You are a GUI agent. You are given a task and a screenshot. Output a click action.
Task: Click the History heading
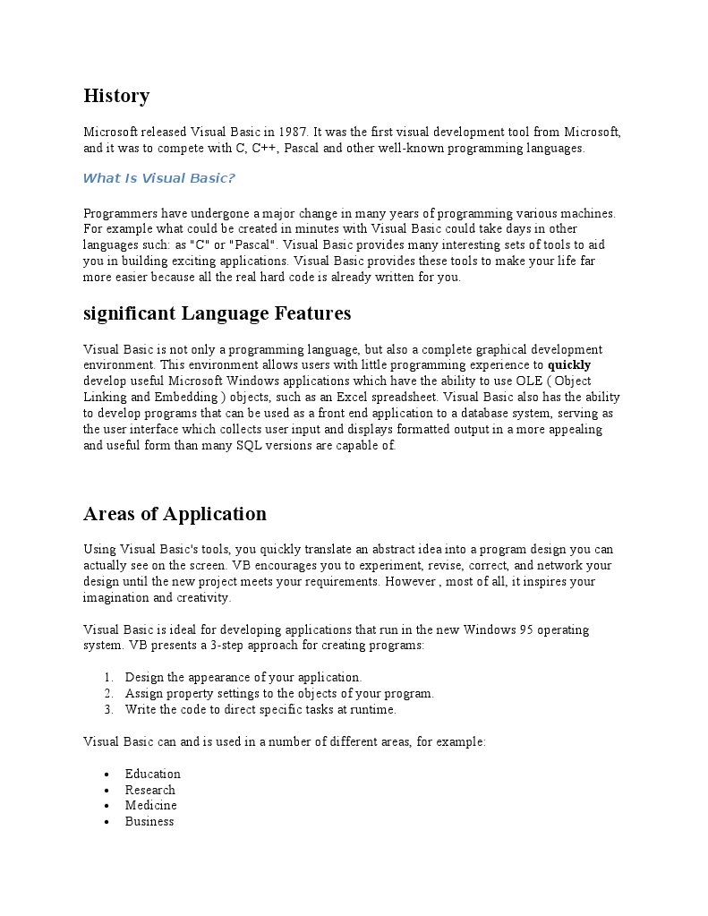tap(116, 96)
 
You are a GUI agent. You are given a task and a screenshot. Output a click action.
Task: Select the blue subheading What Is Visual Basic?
tap(158, 178)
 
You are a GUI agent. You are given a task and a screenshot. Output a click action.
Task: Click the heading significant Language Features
tap(217, 313)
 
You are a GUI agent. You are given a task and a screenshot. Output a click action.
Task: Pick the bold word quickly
tap(569, 365)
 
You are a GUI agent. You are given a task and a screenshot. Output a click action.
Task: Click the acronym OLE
tap(523, 381)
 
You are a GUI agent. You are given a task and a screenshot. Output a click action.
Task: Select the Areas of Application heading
tap(175, 514)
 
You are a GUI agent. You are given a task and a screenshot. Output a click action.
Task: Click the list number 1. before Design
tap(108, 678)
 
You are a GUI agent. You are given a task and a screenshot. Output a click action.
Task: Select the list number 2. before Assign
tap(108, 694)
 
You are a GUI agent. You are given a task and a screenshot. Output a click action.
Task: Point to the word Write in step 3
tap(141, 710)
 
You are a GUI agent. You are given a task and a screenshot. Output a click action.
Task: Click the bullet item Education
tap(153, 775)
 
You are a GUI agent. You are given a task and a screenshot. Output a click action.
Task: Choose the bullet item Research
tap(150, 791)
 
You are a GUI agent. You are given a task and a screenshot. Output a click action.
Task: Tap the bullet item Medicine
tap(151, 806)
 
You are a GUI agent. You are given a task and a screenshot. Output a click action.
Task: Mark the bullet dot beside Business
tap(107, 822)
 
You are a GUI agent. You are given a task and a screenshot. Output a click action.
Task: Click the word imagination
tap(116, 598)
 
